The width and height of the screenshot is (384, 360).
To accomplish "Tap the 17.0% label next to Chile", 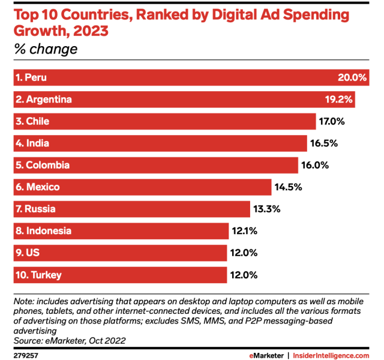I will [331, 121].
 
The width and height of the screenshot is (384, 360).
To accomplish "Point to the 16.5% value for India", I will [323, 143].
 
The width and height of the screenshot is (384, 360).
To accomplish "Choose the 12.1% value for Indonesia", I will [244, 231].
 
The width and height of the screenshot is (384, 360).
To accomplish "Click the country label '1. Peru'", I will [31, 77].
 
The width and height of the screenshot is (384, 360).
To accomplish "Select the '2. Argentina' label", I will [44, 99].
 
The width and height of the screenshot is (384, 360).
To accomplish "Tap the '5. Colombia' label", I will [43, 165].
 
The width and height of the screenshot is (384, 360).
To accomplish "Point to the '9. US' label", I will [28, 253].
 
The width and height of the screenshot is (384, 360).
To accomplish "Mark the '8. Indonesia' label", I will [44, 231].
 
